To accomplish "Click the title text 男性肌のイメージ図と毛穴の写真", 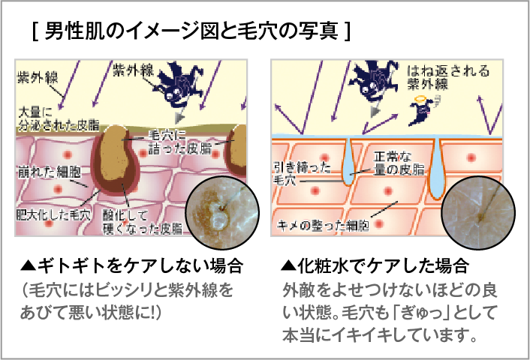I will [192, 31].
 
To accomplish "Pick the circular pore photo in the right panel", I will [478, 211].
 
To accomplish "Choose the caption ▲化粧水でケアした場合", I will [375, 265].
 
